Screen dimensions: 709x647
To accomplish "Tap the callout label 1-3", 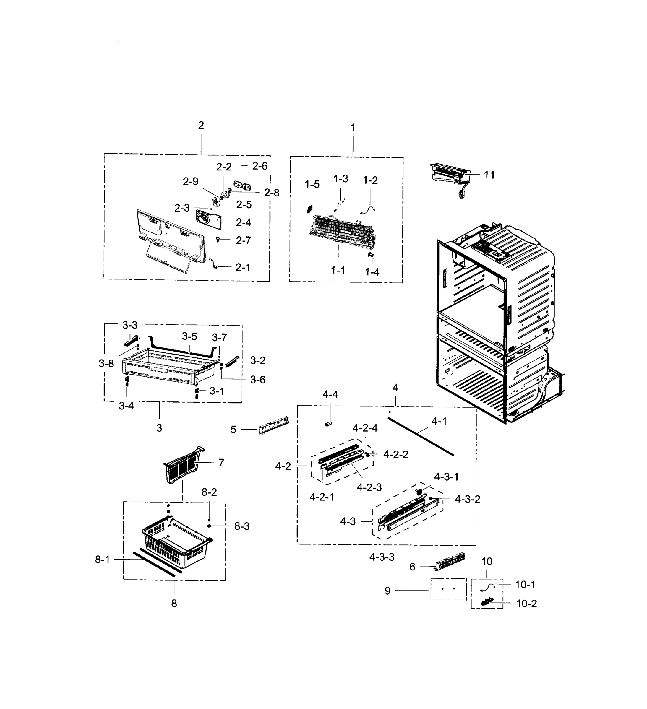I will click(x=340, y=179).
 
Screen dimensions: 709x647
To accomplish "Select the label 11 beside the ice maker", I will click(x=489, y=175).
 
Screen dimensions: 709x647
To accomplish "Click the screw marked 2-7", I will click(x=218, y=240).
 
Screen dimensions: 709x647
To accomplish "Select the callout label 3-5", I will click(x=189, y=336).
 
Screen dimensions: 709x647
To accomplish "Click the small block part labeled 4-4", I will click(x=328, y=424).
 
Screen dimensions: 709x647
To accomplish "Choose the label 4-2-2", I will click(x=395, y=454).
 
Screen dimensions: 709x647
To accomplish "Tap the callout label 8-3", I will click(x=242, y=526).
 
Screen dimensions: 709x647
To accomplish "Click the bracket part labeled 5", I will click(x=274, y=425).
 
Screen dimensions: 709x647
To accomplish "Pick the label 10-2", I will click(x=526, y=604).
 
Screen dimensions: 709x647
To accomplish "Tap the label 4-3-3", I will click(x=382, y=557).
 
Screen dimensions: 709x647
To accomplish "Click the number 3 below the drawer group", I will click(x=159, y=428).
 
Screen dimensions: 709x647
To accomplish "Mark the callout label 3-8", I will click(x=106, y=363).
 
